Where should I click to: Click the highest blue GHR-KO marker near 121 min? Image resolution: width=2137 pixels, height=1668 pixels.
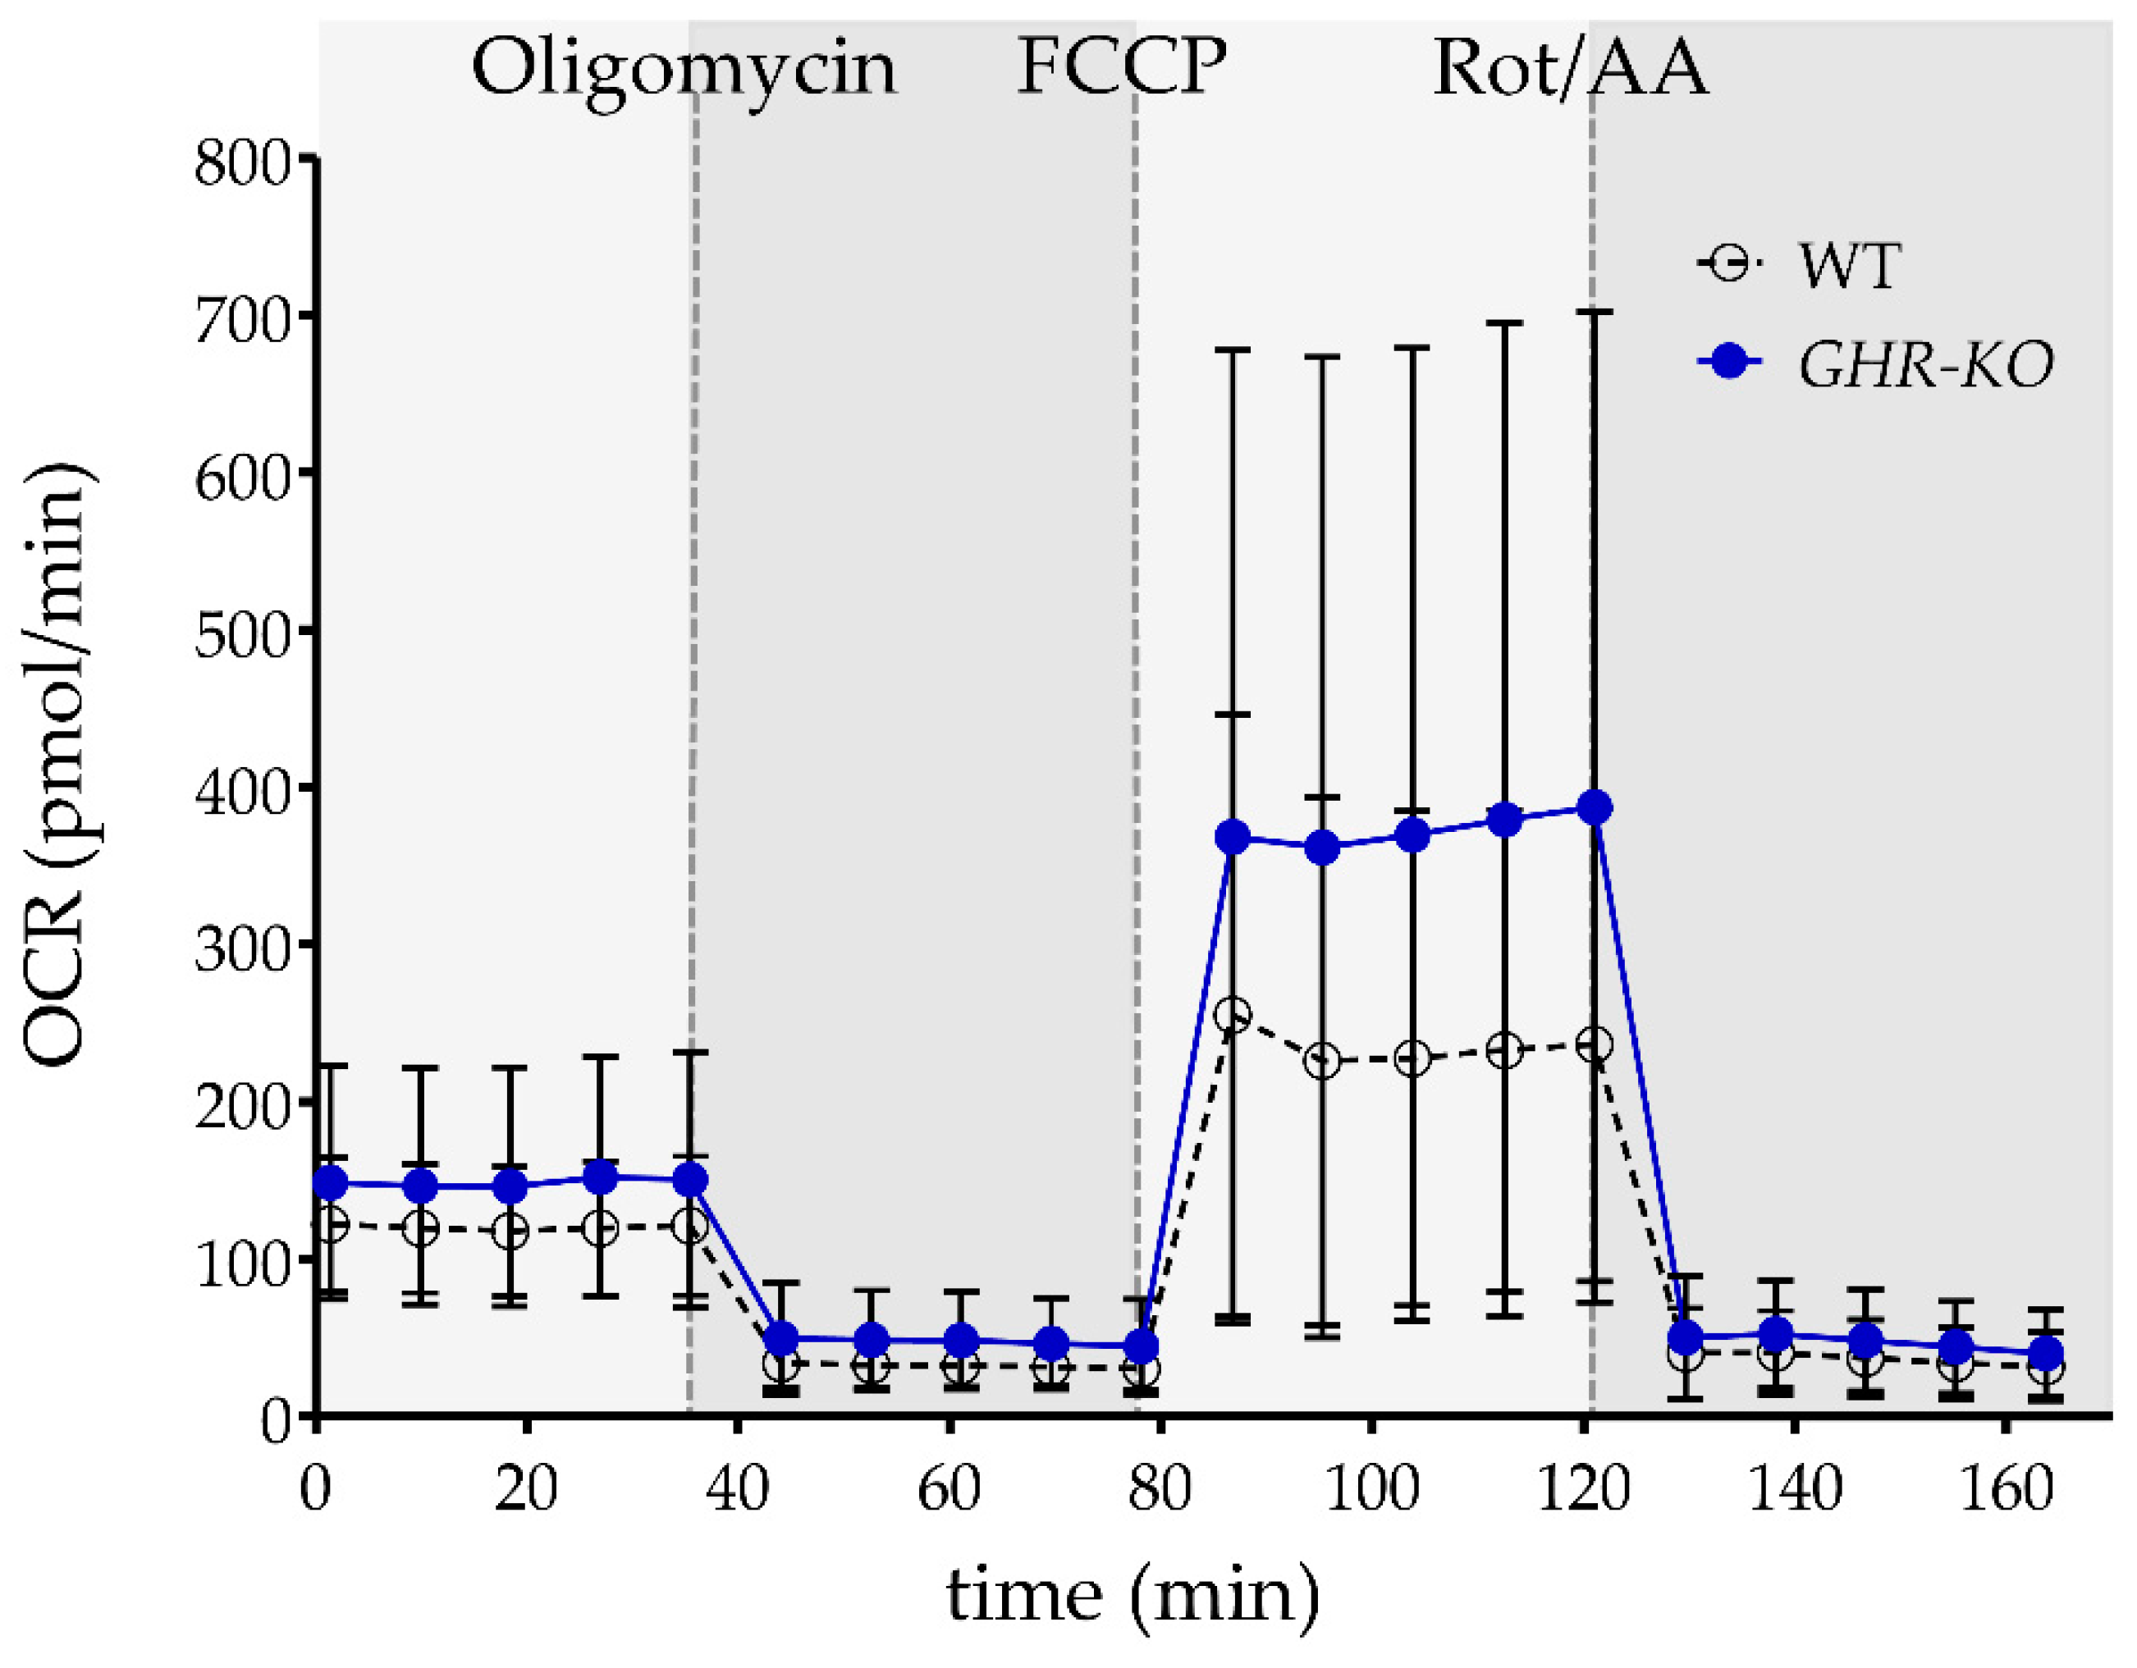1595,808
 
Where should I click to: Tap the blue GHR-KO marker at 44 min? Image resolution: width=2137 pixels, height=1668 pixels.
780,1337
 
